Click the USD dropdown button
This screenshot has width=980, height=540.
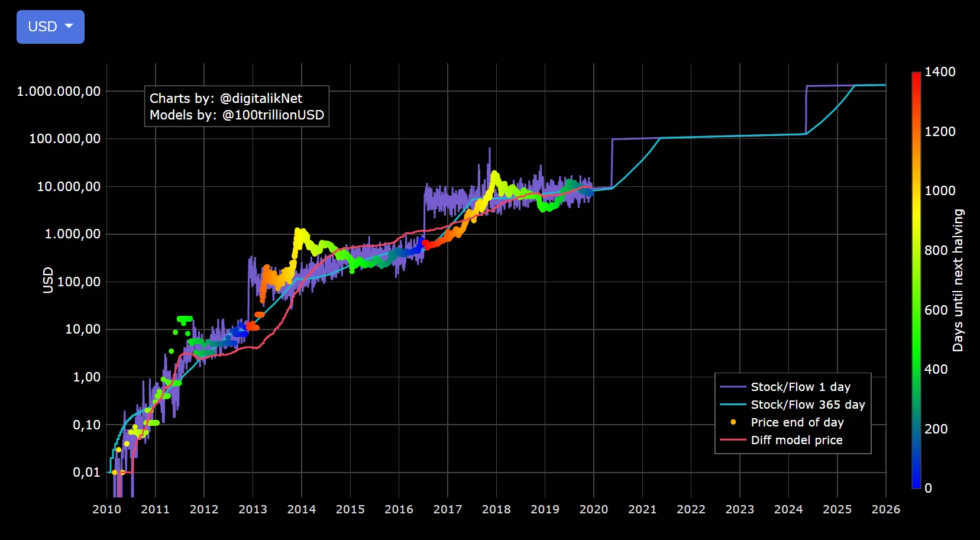(50, 27)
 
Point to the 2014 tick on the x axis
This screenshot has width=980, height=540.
(302, 509)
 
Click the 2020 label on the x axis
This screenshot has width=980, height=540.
(594, 509)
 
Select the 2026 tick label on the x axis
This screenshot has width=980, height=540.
(886, 509)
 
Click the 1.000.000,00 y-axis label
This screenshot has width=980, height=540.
(59, 91)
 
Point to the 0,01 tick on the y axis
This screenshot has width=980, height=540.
(86, 472)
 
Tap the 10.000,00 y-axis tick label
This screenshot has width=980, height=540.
(69, 186)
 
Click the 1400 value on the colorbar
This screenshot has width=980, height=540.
(940, 72)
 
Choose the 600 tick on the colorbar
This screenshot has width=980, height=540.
(936, 310)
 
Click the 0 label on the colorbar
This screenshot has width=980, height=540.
(929, 488)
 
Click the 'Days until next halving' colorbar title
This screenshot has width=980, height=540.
(958, 280)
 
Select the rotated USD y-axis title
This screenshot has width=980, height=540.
(48, 280)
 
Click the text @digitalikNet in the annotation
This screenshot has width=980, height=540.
(261, 98)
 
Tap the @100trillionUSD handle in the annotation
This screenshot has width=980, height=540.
(273, 115)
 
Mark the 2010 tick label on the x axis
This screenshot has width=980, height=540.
(106, 509)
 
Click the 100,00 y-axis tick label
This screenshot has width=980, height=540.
(79, 282)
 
